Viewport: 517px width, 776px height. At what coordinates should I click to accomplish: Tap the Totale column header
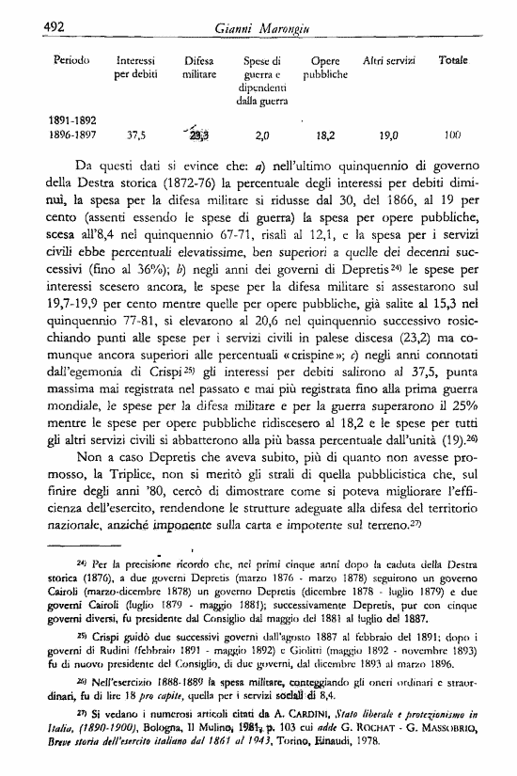[x=453, y=60]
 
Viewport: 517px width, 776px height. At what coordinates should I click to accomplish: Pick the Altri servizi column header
[x=388, y=60]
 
